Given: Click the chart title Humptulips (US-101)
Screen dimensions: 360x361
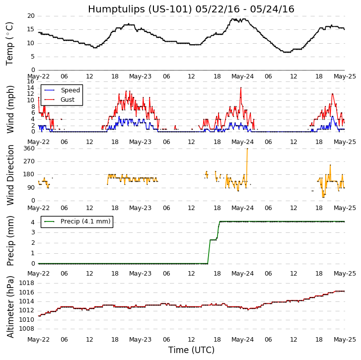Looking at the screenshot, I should pos(191,9).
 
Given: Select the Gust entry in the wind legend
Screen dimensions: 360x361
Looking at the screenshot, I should pos(68,100).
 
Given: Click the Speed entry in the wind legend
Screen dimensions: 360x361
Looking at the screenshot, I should pos(70,90).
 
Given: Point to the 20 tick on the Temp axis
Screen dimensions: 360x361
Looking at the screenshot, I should pos(31,16).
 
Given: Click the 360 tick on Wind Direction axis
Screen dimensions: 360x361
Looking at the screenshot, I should pos(29,148).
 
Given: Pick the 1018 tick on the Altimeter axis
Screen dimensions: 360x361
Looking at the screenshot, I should pos(27,283).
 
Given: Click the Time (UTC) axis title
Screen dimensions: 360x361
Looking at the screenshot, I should pos(191,350).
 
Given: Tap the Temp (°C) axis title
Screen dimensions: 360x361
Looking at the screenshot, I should pos(10,43).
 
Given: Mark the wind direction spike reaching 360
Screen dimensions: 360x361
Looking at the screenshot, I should pos(247,149).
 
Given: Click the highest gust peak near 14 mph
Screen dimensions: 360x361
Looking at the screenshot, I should pos(241,88).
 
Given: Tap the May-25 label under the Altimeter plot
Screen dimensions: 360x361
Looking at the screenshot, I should pos(345,340).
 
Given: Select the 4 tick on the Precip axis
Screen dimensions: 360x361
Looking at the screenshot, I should pos(32,222).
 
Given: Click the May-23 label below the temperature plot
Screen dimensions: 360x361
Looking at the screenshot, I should pos(141,77).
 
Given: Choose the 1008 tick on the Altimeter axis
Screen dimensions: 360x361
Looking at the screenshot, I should pos(27,329).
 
